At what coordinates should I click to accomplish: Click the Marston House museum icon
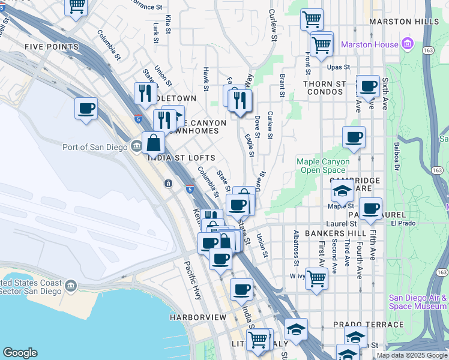408,44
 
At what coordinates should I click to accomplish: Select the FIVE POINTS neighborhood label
52,46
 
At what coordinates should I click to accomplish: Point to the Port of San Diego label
95,147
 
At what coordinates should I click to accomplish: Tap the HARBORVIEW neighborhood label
197,317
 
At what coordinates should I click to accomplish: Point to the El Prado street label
402,223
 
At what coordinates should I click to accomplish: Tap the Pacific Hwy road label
193,280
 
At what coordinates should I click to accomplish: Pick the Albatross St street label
296,247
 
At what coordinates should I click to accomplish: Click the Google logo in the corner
20,353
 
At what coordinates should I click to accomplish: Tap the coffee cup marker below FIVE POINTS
86,108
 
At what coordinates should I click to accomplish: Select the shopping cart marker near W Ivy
316,277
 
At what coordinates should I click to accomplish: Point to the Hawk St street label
205,79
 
